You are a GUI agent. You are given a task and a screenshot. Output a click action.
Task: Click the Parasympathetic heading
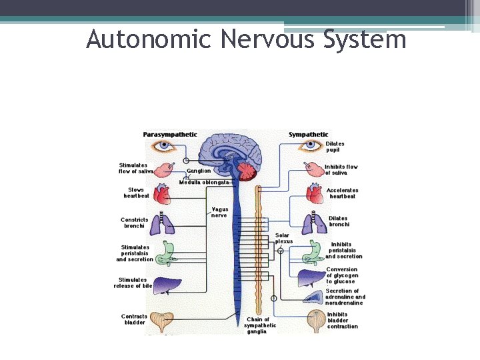pos(170,135)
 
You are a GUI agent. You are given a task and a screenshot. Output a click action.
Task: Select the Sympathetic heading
pos(308,135)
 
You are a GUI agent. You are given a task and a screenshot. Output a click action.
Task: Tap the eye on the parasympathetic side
pos(163,146)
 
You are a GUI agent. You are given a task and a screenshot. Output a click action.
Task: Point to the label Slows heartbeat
pos(136,193)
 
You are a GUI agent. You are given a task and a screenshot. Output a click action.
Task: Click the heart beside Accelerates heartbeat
pos(314,193)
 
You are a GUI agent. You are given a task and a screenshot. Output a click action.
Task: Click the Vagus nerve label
pos(219,212)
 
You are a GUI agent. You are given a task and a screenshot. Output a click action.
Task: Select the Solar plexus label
pos(283,238)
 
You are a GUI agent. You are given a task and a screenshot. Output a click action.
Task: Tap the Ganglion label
pos(198,171)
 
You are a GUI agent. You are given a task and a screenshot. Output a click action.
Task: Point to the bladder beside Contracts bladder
pos(162,321)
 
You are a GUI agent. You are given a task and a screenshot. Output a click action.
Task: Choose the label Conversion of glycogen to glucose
pos(342,275)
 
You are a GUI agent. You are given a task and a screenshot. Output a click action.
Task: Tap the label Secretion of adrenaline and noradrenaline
pos(345,297)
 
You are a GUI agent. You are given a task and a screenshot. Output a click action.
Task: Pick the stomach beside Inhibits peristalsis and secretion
pos(312,251)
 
